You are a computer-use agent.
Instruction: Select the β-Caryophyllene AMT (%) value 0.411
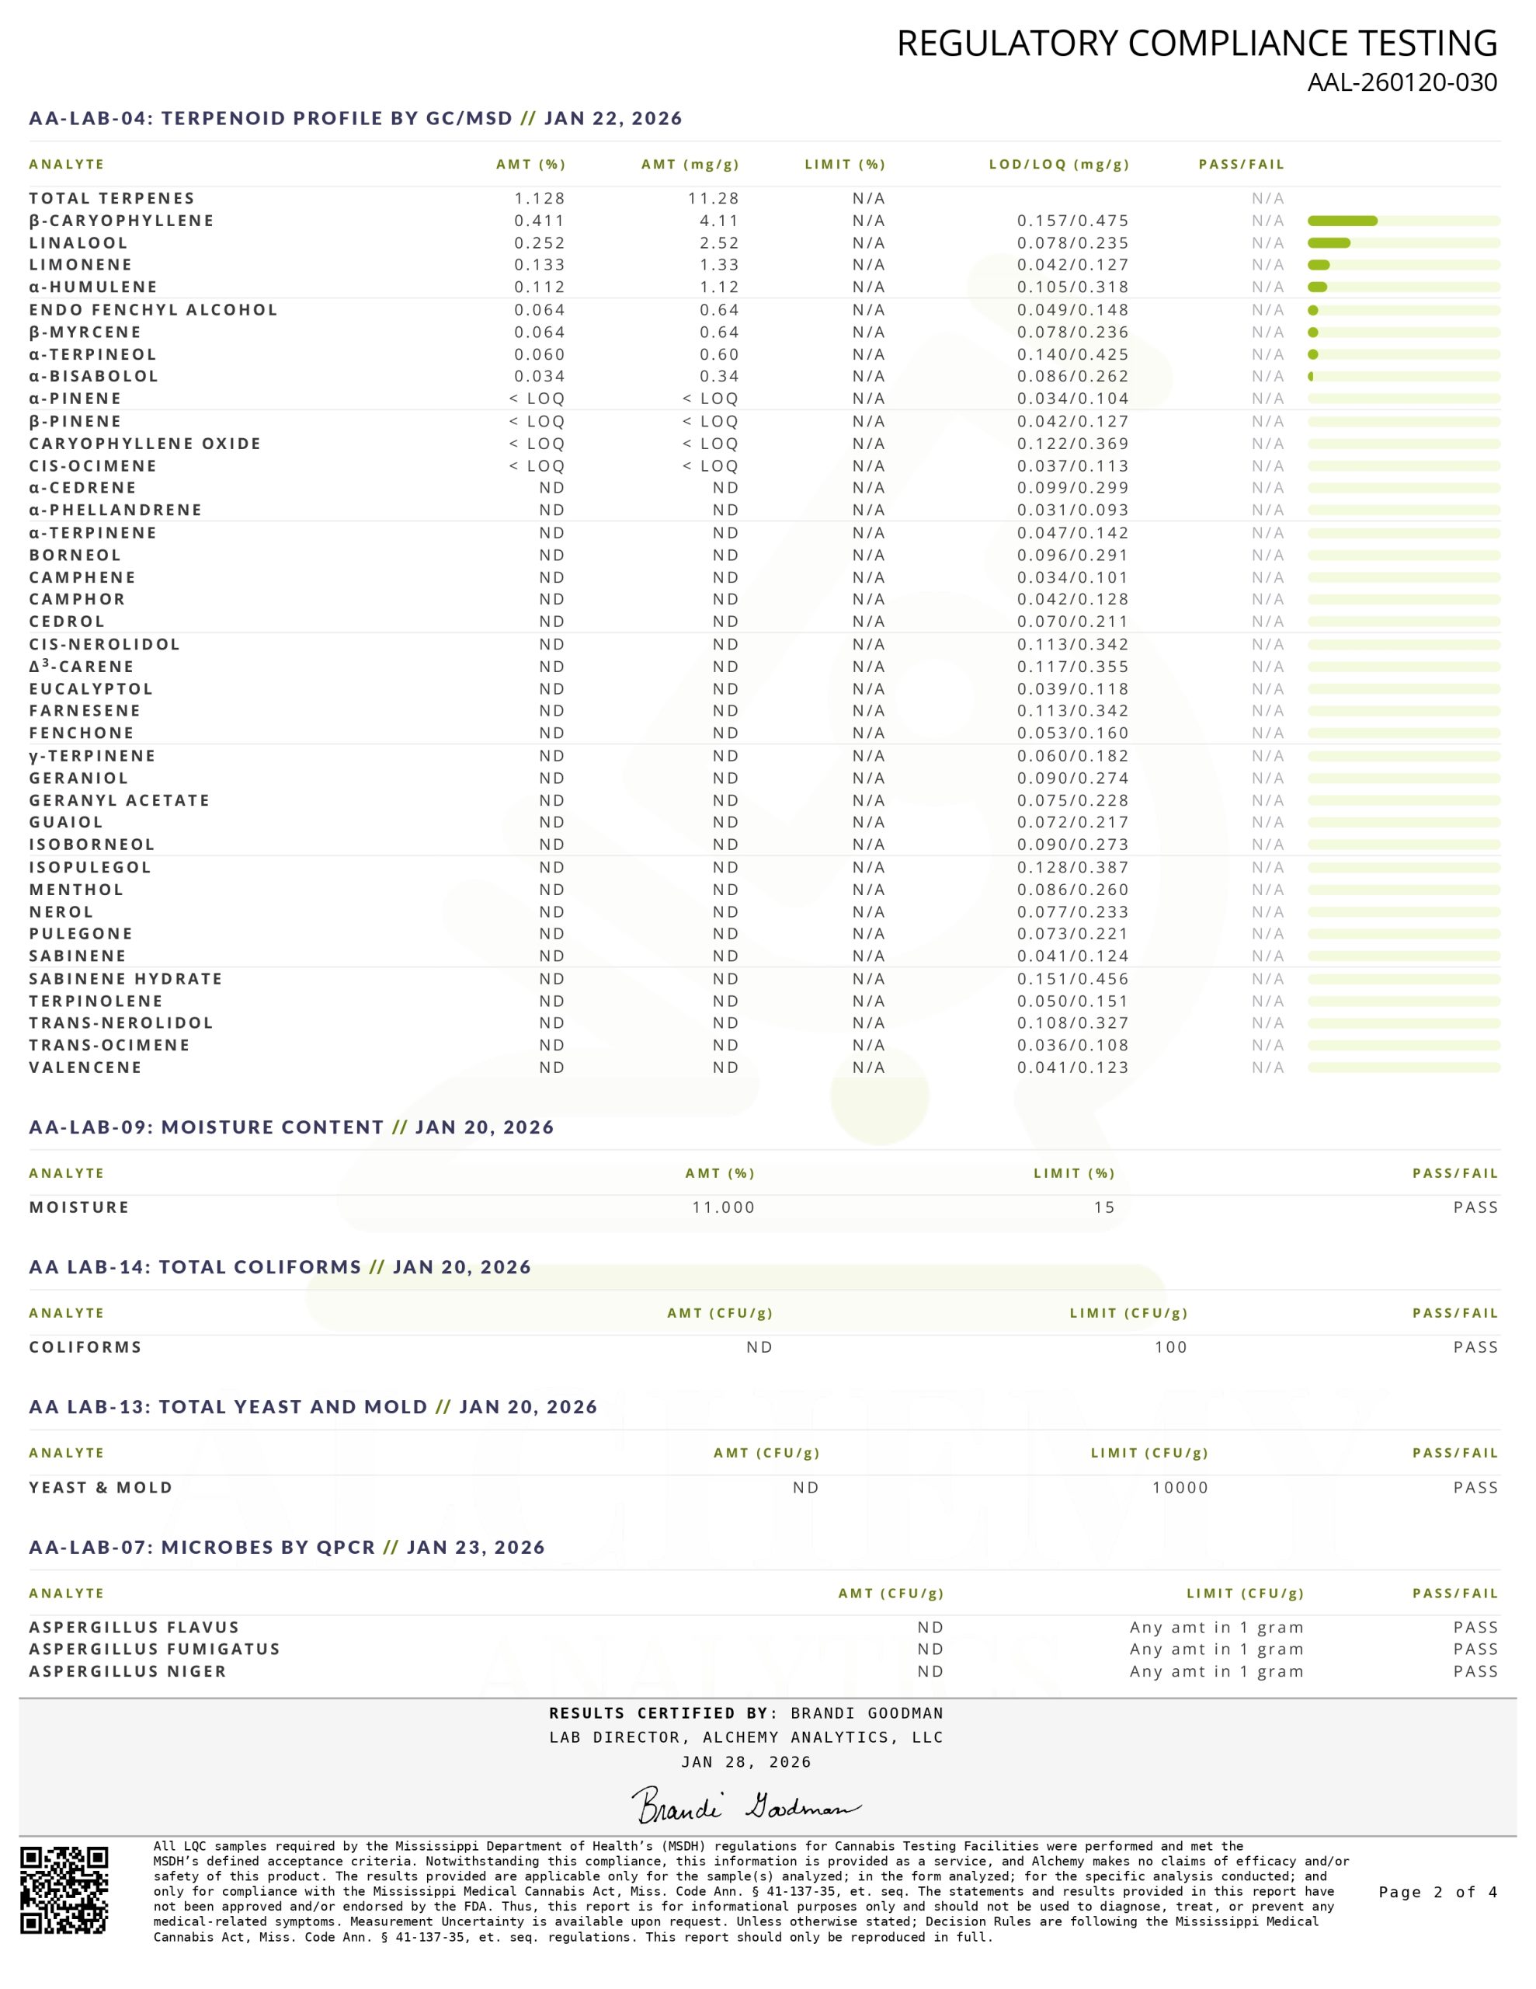pyautogui.click(x=539, y=221)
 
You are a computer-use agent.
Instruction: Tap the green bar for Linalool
pyautogui.click(x=1329, y=243)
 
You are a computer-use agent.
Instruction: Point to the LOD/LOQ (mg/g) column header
pyautogui.click(x=1059, y=165)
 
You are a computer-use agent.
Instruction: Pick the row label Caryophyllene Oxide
pyautogui.click(x=144, y=444)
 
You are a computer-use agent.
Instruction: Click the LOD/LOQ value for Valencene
pyautogui.click(x=1072, y=1068)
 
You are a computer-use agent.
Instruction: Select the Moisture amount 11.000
pyautogui.click(x=723, y=1207)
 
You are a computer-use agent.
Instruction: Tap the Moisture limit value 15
pyautogui.click(x=1103, y=1207)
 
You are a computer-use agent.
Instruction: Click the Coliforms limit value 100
pyautogui.click(x=1170, y=1347)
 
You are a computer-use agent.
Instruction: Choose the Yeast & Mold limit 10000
pyautogui.click(x=1180, y=1487)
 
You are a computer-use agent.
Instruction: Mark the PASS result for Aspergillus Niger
pyautogui.click(x=1475, y=1671)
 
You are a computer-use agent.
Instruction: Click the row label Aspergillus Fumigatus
pyautogui.click(x=155, y=1649)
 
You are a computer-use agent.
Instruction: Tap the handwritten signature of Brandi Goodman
pyautogui.click(x=745, y=1805)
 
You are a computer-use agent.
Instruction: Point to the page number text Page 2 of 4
pyautogui.click(x=1437, y=1893)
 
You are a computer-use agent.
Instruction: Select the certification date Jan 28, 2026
pyautogui.click(x=745, y=1762)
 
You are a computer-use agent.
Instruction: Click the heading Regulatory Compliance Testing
pyautogui.click(x=1197, y=43)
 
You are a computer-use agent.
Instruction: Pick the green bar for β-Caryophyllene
pyautogui.click(x=1342, y=221)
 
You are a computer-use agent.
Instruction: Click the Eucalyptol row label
pyautogui.click(x=91, y=689)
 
